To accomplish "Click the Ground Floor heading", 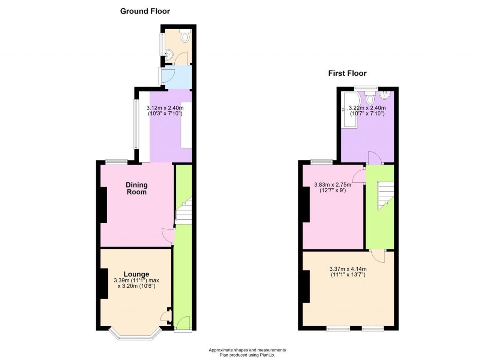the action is point(145,11).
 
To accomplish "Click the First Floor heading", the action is point(347,73).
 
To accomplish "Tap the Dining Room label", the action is point(136,188).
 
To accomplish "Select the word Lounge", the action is point(136,274).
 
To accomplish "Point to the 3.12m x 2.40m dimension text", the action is point(165,111).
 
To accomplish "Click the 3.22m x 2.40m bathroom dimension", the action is point(367,111).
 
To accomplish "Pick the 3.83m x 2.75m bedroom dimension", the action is point(333,187).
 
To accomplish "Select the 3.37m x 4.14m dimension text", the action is point(348,272).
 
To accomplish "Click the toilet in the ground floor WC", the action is point(185,36).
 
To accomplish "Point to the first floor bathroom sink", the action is point(385,95).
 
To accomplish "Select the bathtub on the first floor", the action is point(351,109).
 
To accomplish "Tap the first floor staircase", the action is point(386,195).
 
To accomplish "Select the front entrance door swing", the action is point(183,322).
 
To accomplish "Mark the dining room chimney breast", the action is point(104,205).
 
